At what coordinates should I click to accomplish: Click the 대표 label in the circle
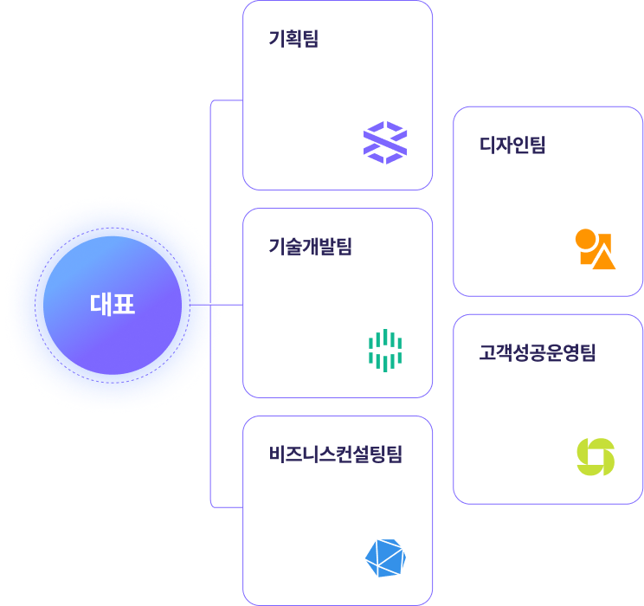point(113,305)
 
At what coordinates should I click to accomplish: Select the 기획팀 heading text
point(293,39)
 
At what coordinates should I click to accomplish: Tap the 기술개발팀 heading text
point(311,247)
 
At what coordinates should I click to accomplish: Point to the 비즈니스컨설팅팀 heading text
point(336,455)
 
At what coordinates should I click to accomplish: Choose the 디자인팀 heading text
point(512,145)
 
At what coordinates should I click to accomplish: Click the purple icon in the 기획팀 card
point(385,143)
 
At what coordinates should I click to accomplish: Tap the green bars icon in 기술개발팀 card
point(385,351)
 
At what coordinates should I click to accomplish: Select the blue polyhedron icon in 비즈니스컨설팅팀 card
point(385,558)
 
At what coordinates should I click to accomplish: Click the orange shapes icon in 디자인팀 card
point(596,249)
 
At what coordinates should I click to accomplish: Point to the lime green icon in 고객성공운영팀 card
point(596,457)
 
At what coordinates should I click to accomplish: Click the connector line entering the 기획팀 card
point(227,100)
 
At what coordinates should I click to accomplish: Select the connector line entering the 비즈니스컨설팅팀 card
point(227,506)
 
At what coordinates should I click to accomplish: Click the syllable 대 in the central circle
point(101,305)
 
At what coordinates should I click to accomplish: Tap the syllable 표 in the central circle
point(124,305)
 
